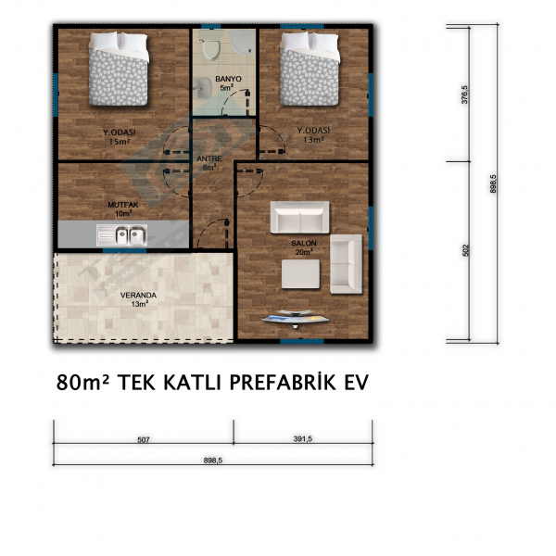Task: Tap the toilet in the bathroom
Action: point(210,45)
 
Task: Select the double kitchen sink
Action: point(122,235)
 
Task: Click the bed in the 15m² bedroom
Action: point(119,69)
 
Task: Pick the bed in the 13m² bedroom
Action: point(310,69)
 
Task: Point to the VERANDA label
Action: point(138,295)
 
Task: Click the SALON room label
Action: point(304,243)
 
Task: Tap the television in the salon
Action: point(296,318)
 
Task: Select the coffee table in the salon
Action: point(300,273)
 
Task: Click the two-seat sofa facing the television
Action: point(299,217)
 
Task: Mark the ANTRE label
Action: point(209,158)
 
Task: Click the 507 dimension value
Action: point(144,439)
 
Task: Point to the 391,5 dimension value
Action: point(303,438)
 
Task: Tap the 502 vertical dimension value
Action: point(465,250)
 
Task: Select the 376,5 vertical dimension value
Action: point(464,95)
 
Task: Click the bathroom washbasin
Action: point(203,87)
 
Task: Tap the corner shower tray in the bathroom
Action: point(243,42)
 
